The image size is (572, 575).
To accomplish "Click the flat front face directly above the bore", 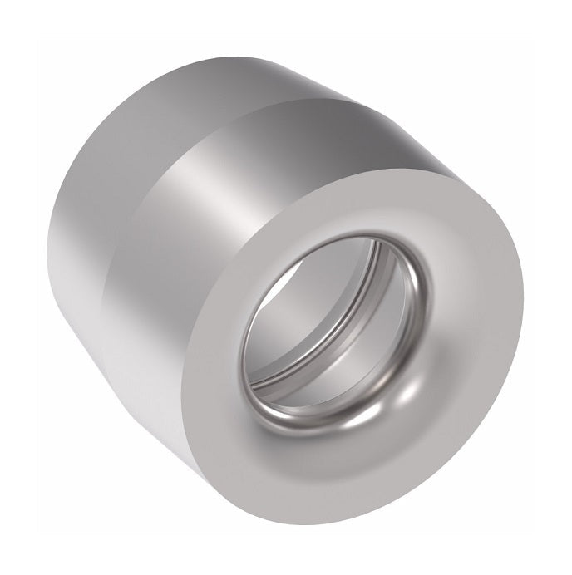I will pos(349,212).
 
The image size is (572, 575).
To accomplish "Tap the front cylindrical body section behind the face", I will pos(166,274).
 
